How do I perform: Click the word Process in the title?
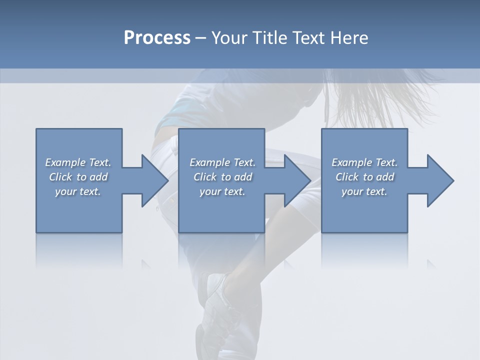[x=157, y=37]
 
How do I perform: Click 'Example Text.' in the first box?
[x=78, y=162]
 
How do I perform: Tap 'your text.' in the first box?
[x=78, y=191]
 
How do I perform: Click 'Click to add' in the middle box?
[x=222, y=177]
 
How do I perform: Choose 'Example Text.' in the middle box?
[x=222, y=162]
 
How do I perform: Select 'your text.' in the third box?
[x=364, y=191]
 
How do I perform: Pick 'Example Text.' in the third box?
[x=364, y=162]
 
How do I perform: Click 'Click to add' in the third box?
[x=364, y=177]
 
